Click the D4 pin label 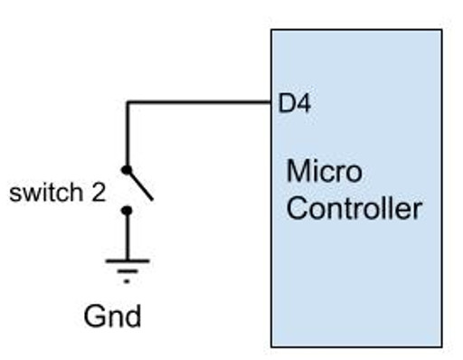tap(294, 104)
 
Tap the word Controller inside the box tap(354, 209)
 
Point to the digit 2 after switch tap(99, 193)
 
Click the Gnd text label tap(112, 316)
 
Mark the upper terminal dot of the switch tap(127, 169)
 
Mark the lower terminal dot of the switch tap(127, 211)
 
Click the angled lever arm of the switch tap(140, 185)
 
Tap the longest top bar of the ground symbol tap(127, 261)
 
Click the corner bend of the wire tap(127, 102)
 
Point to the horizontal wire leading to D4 tap(199, 102)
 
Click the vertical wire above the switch tap(127, 136)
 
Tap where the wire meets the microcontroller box tap(271, 102)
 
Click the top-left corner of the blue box tap(272, 31)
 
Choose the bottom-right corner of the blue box tap(441, 346)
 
